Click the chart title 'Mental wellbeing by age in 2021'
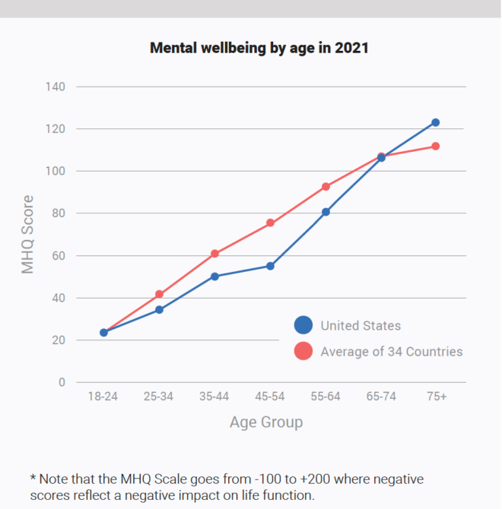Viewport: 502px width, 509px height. tap(259, 48)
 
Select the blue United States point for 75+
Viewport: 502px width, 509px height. tap(435, 122)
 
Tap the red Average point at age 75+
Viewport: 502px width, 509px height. tap(435, 146)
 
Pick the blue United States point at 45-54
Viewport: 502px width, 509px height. tap(270, 266)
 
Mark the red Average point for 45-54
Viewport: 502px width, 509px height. tap(270, 223)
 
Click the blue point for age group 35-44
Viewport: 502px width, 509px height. tap(214, 277)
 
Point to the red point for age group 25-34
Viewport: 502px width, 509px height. tap(159, 294)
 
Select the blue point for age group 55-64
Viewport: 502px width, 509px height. tap(326, 212)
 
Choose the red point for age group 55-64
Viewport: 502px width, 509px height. tap(326, 186)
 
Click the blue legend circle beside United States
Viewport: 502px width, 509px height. tap(303, 326)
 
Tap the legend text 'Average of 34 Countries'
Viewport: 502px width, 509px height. tap(391, 352)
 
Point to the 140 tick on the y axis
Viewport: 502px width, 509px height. tap(55, 87)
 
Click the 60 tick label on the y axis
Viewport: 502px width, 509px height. tap(58, 256)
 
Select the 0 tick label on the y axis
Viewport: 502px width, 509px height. tap(61, 383)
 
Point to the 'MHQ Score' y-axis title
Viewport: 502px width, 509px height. tap(27, 235)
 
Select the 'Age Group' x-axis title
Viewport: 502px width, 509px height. tap(265, 422)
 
